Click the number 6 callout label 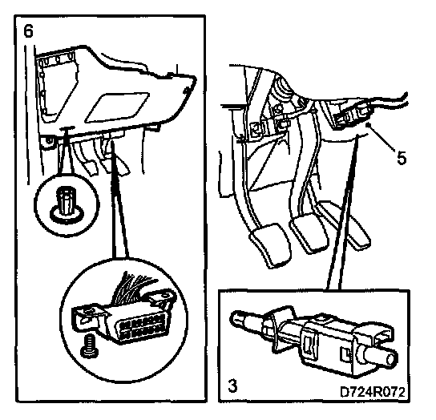point(28,30)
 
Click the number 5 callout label point(402,158)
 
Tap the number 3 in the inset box point(232,386)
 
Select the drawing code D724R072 point(373,392)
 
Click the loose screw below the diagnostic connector point(89,346)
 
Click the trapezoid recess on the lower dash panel point(117,107)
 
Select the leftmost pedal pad point(270,244)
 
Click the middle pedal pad point(309,232)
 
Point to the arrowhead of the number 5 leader point(369,126)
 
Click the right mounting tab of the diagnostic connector point(163,297)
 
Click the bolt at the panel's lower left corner point(49,141)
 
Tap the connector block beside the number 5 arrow point(351,115)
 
